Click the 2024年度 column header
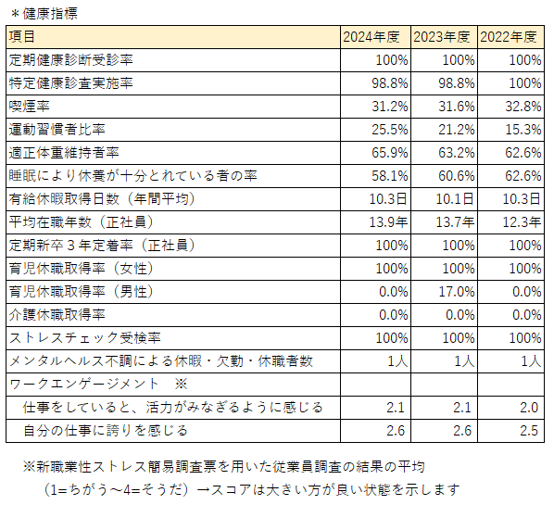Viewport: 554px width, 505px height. (371, 37)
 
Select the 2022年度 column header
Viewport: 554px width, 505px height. (509, 37)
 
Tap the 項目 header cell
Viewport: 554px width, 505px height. (22, 36)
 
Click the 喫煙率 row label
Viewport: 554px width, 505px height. (29, 106)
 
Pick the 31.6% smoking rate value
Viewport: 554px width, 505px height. (457, 107)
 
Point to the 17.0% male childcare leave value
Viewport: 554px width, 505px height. (457, 292)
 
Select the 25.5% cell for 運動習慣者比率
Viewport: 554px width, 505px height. (390, 130)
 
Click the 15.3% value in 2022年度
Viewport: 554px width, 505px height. (523, 130)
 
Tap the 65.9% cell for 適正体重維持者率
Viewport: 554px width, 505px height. (390, 153)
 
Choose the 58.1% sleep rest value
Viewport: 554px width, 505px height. (390, 176)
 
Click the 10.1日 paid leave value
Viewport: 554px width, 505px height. (455, 199)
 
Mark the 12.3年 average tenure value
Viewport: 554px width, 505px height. (522, 222)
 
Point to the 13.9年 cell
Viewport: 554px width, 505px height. (388, 222)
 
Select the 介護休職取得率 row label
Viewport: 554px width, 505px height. (57, 315)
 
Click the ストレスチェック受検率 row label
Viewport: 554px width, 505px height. (85, 338)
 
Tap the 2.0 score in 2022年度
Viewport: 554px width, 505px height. (529, 408)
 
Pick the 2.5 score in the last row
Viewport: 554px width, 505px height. (529, 431)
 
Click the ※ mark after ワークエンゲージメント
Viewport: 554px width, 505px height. (182, 385)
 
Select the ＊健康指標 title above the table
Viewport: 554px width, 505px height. (44, 14)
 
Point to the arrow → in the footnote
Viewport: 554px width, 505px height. (204, 490)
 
